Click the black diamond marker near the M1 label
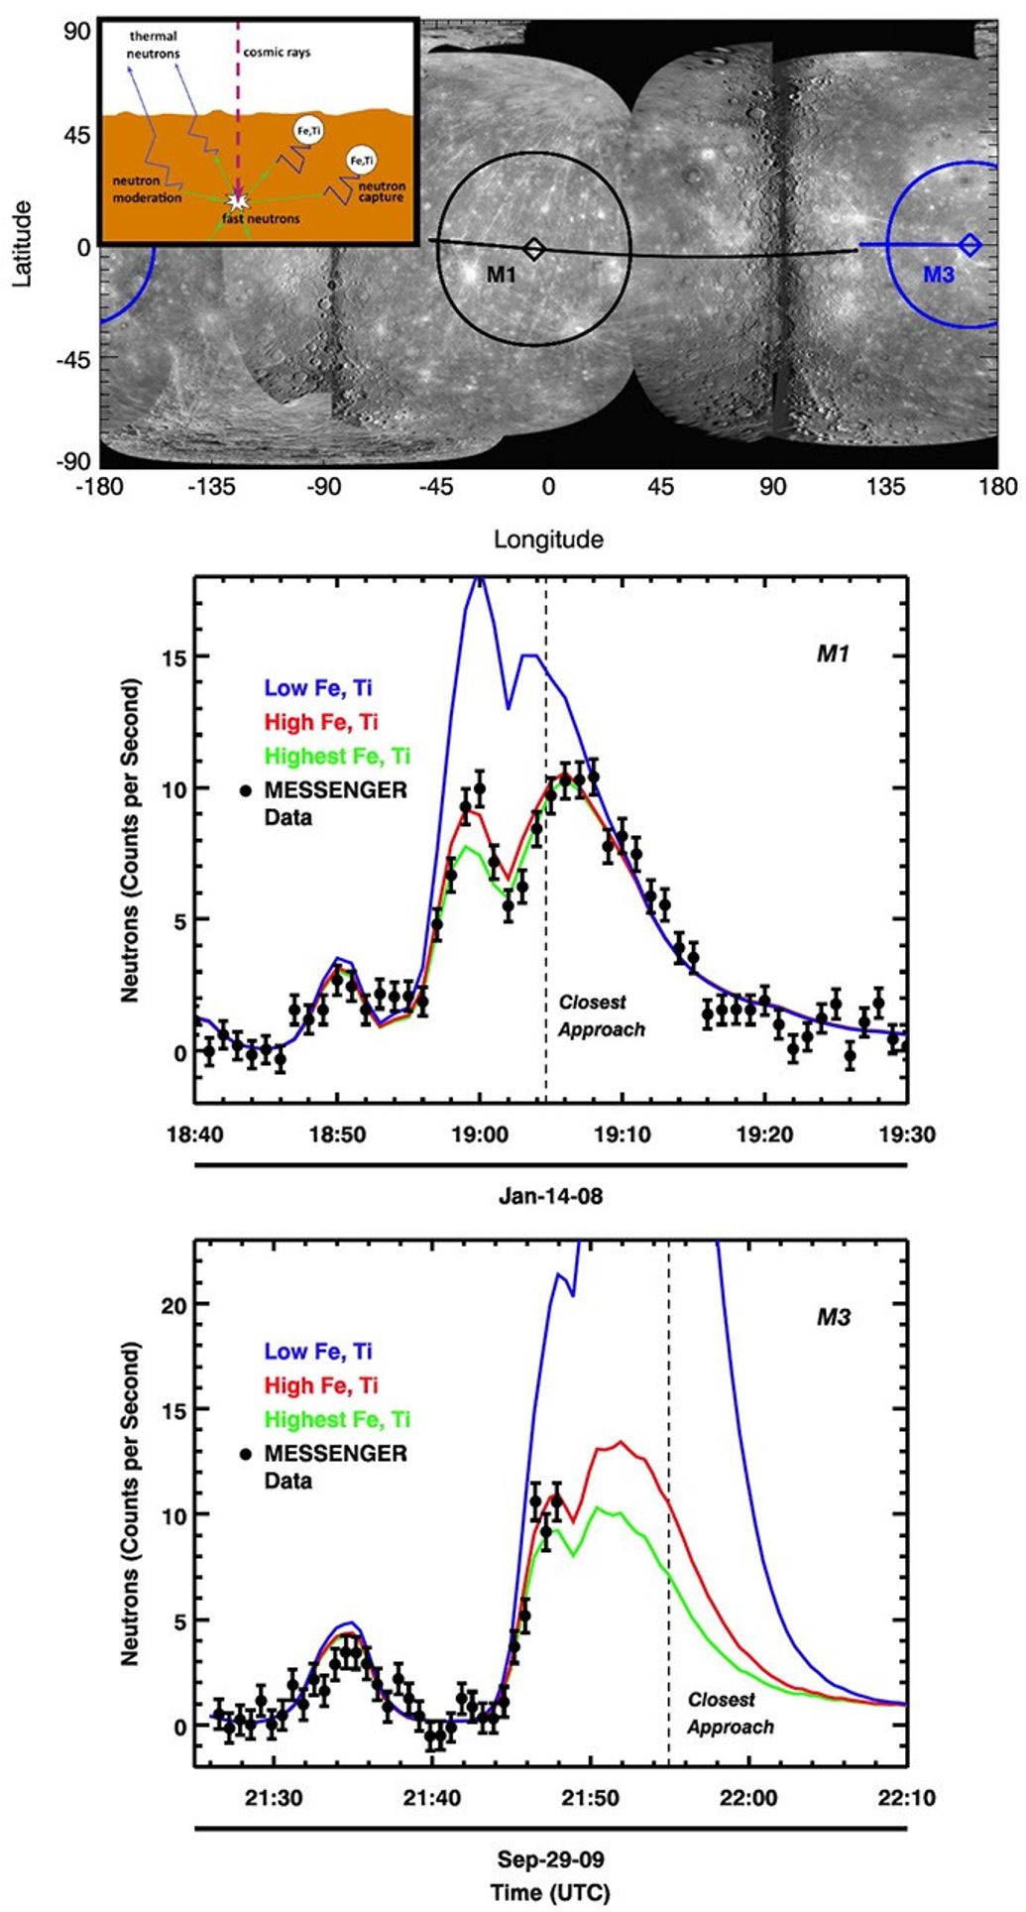(x=533, y=248)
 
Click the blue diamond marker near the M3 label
(x=970, y=244)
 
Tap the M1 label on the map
(x=501, y=274)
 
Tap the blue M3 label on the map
(x=938, y=274)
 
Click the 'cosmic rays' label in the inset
(x=277, y=52)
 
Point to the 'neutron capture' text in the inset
(x=382, y=191)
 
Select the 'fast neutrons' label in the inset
(x=262, y=218)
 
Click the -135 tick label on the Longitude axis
(x=211, y=486)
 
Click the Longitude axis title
(x=548, y=539)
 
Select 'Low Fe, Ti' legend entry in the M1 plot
(x=318, y=688)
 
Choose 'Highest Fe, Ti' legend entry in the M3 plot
(x=337, y=1419)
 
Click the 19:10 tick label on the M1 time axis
(x=623, y=1134)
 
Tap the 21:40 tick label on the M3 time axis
(x=431, y=1796)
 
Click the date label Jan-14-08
(x=550, y=1196)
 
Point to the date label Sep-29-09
(x=550, y=1858)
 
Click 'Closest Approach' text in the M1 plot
(x=601, y=1016)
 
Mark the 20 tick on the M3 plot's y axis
(x=173, y=1304)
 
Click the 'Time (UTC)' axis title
(x=550, y=1892)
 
